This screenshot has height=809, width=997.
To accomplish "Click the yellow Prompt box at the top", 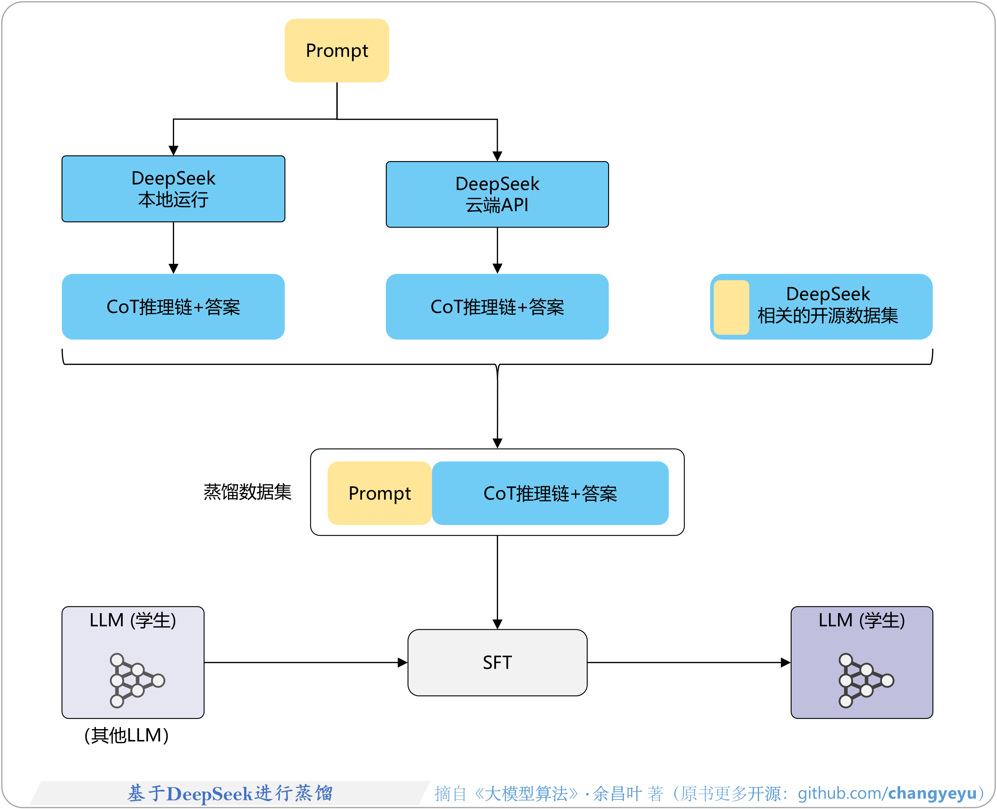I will (x=337, y=50).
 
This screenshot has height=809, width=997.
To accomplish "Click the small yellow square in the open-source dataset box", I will (x=731, y=307).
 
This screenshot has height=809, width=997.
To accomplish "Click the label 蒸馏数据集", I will (x=247, y=492).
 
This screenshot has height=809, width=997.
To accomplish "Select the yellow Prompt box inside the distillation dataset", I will (x=379, y=493).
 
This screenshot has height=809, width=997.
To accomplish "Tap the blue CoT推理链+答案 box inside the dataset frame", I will (x=550, y=493).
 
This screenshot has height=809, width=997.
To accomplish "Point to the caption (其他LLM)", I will (x=126, y=735).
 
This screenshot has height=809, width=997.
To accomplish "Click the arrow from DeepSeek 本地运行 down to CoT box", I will (x=173, y=247).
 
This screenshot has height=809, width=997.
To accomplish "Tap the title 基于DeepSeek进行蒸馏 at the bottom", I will (x=230, y=793).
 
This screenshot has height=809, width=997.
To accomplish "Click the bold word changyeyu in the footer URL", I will (x=932, y=793).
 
